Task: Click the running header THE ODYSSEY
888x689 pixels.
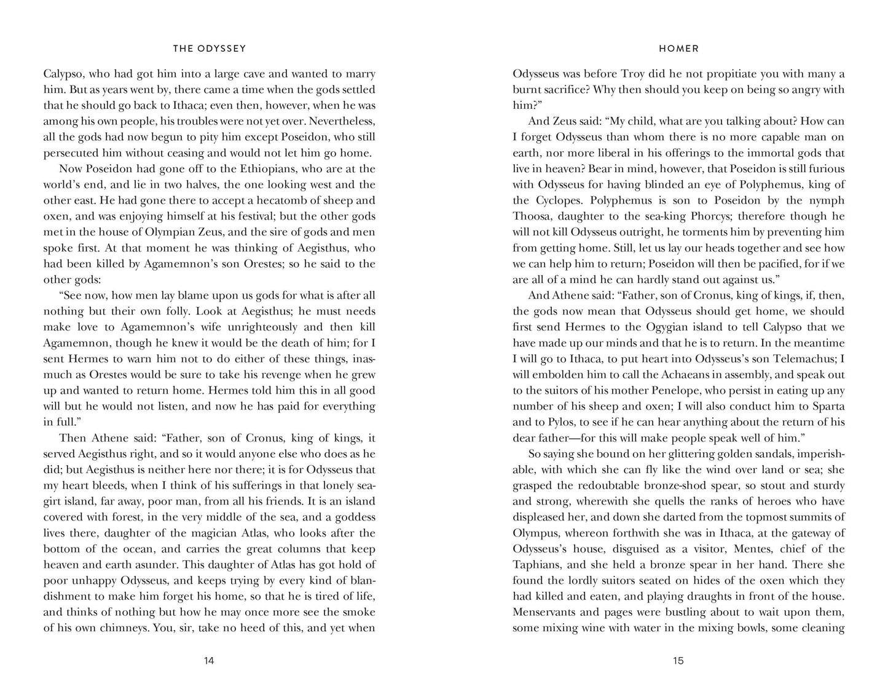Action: tap(209, 49)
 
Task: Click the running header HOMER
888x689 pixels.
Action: tap(678, 49)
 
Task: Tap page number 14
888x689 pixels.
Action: tap(209, 661)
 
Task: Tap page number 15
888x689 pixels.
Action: tap(678, 661)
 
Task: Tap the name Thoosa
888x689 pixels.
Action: tap(533, 216)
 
